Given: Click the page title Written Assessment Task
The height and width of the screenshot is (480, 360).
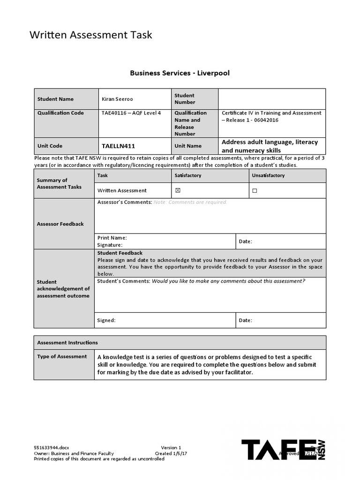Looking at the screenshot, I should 91,35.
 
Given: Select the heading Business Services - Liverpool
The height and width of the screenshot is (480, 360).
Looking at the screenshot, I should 180,73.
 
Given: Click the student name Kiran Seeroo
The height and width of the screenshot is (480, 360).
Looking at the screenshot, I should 117,99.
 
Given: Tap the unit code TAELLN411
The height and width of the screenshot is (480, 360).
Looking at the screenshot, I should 118,146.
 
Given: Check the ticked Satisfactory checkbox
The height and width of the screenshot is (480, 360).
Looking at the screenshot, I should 177,190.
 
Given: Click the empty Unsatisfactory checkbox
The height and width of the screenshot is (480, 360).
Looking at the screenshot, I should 255,191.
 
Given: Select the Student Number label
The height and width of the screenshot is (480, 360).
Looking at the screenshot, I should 184,99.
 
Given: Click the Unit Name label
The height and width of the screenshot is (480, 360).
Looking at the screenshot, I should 188,146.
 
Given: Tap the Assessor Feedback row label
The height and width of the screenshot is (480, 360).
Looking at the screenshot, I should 60,224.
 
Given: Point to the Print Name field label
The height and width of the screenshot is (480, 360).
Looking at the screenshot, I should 112,238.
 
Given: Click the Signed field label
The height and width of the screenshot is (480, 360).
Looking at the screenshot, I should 106,321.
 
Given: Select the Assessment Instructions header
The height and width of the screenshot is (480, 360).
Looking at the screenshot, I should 67,343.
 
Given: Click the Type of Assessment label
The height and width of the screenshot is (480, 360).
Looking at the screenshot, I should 62,356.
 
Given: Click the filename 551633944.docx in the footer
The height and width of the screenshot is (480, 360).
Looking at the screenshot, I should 52,448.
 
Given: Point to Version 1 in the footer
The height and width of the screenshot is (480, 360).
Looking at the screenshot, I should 171,448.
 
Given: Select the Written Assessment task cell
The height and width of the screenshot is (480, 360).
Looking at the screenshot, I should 122,190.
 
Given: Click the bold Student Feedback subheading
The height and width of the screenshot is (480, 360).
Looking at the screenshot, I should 120,253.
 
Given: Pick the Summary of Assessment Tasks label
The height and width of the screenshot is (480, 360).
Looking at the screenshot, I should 59,183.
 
